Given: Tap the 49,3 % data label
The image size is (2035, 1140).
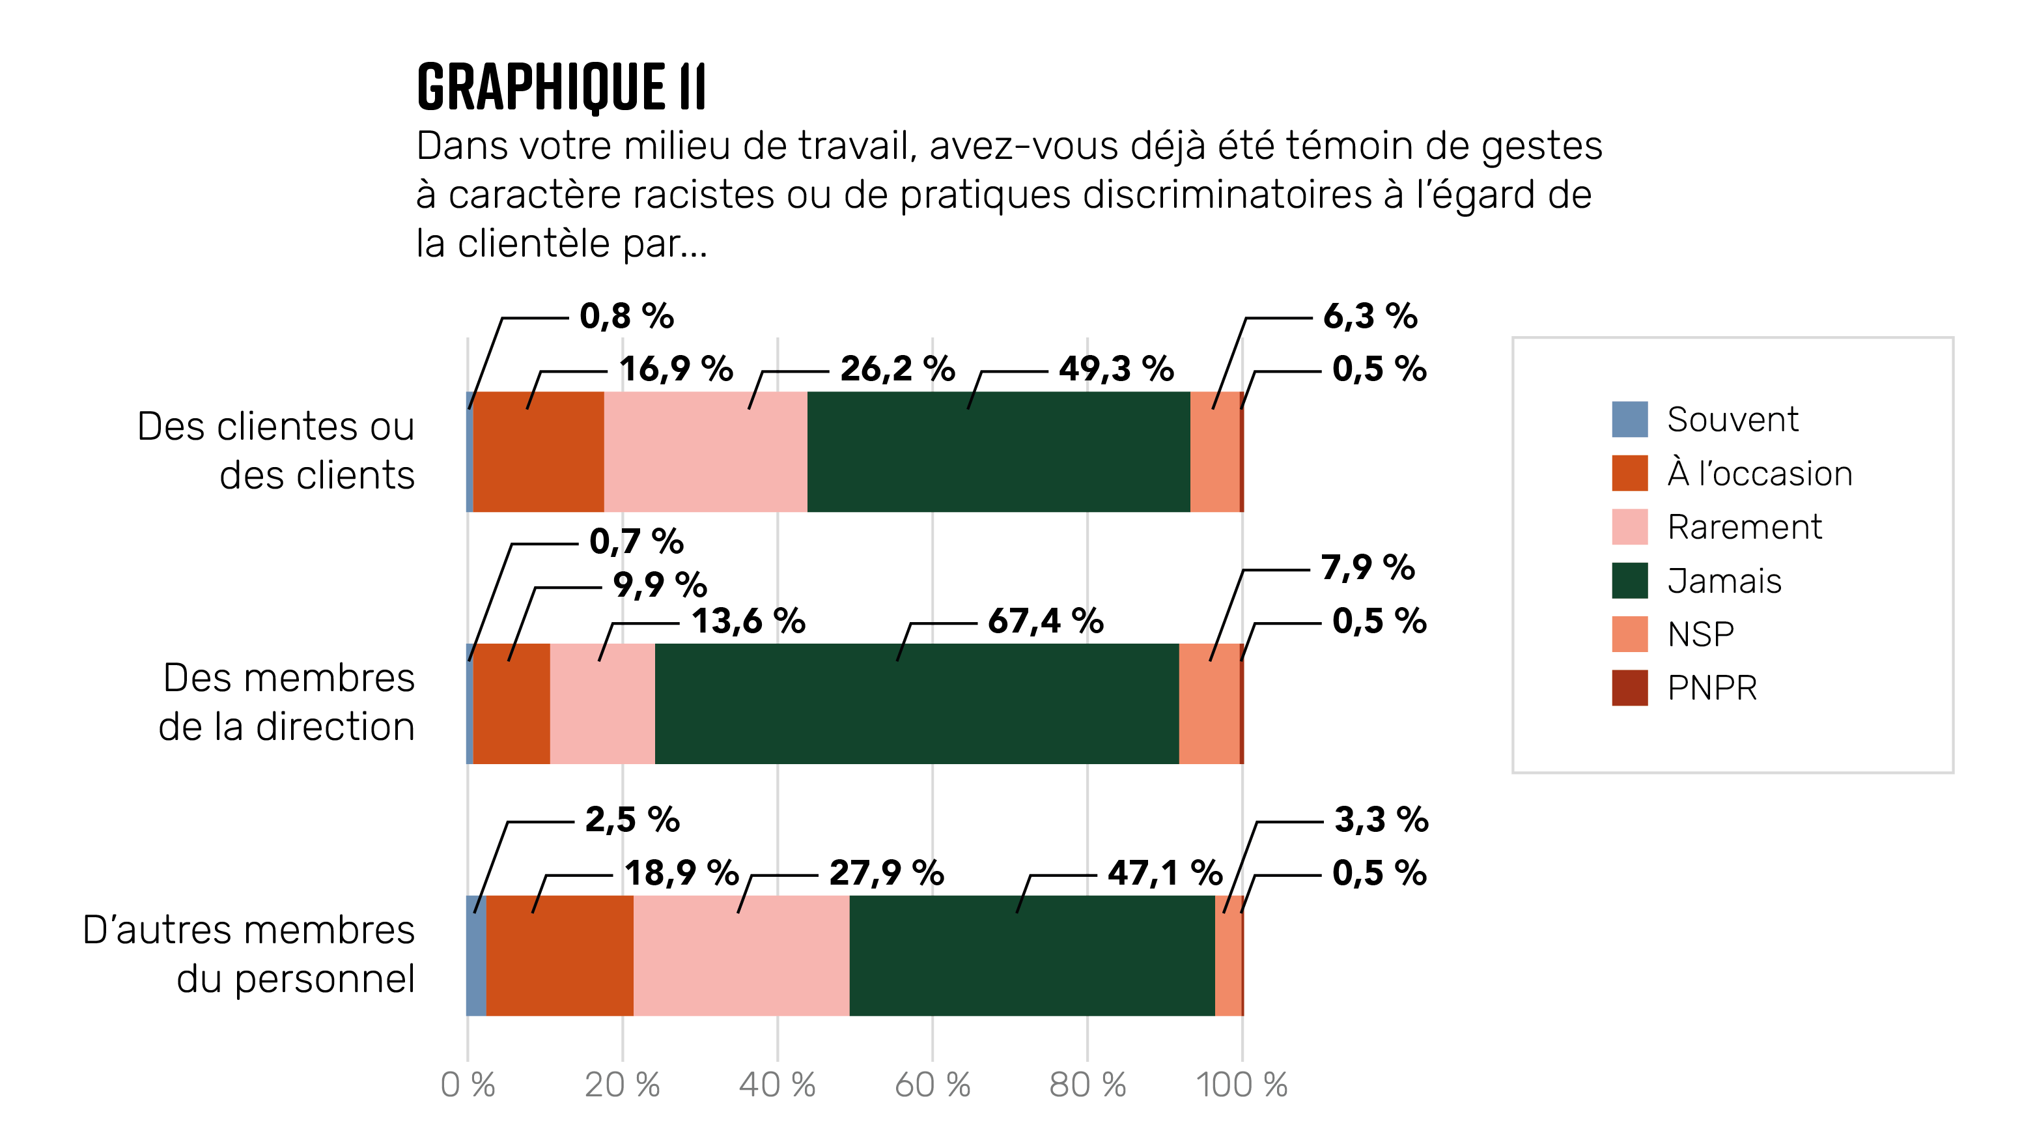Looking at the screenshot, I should pos(1116,369).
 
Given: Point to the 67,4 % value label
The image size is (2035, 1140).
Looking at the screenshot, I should pos(1045,621).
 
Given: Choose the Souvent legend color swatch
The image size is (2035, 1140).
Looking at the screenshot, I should pos(1629,420).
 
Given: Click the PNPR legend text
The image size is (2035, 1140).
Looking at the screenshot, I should pos(1712,688).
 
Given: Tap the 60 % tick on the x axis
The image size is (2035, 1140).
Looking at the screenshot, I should pos(932,1085).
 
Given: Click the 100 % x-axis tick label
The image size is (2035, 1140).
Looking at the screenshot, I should pos(1241,1085).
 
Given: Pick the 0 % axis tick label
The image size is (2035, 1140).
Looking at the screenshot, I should pos(468,1085).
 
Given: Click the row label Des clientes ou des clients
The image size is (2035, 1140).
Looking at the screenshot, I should pos(277,450).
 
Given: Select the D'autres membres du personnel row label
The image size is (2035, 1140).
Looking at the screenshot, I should pos(249,954).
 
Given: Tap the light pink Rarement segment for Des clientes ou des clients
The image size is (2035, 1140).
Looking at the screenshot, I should pos(705,452).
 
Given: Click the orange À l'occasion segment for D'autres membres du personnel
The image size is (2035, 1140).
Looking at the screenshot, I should pos(559,955).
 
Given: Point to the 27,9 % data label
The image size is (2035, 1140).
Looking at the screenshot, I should pos(886,873).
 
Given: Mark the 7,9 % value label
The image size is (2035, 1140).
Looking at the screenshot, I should pos(1368,567).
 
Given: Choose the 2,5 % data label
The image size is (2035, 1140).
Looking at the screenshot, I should pos(632,819).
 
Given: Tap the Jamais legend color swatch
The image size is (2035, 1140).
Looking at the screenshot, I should pos(1629,580).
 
